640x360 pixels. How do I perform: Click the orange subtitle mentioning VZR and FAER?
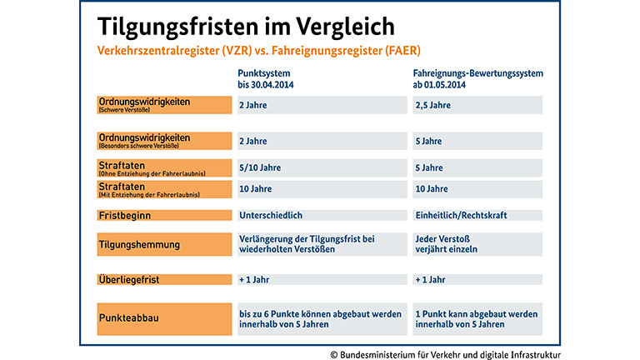(x=259, y=51)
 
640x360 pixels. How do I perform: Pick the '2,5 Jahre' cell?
(x=477, y=106)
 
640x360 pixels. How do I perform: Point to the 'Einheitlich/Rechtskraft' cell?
(x=477, y=215)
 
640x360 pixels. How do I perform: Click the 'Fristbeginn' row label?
(x=164, y=215)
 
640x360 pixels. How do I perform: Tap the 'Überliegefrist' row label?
(x=164, y=280)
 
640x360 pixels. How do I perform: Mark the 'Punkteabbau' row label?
(x=164, y=318)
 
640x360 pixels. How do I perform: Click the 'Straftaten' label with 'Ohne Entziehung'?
(x=164, y=168)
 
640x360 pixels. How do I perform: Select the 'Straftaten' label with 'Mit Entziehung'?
(x=164, y=189)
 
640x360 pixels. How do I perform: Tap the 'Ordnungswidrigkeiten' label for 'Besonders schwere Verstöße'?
(x=164, y=141)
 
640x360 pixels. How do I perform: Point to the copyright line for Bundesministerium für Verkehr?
(x=445, y=353)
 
